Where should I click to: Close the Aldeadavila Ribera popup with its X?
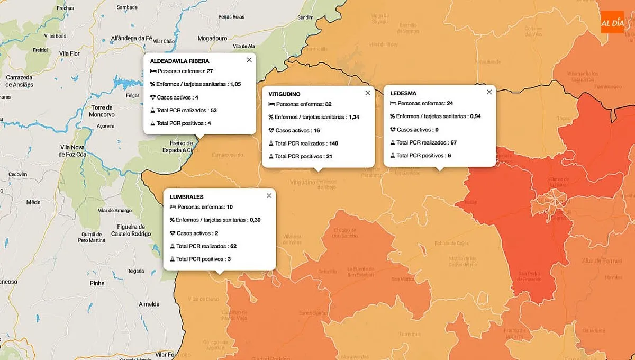coord(249,60)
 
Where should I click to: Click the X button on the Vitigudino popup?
coord(368,93)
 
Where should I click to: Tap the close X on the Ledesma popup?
coord(489,92)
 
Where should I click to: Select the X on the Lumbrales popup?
coord(269,195)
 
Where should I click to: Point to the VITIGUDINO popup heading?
coord(284,94)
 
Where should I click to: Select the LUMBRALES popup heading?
coord(186,196)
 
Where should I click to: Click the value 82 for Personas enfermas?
coord(329,104)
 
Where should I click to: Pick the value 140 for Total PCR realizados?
coord(333,143)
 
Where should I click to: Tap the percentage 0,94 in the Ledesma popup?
coord(475,116)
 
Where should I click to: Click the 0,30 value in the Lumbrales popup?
coord(255,220)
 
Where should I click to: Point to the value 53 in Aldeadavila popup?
coord(213,111)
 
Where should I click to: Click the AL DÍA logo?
coord(612,22)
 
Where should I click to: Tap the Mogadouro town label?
coord(212,39)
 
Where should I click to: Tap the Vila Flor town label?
coord(69,53)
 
